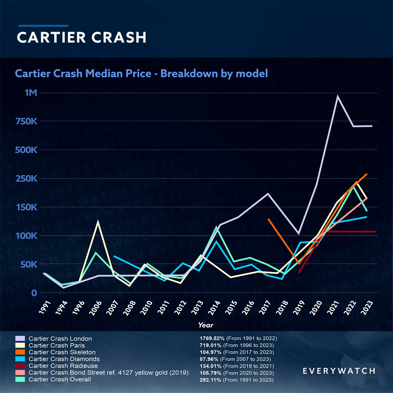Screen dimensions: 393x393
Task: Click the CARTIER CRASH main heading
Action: (x=81, y=37)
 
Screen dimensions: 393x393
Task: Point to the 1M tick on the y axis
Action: (x=31, y=93)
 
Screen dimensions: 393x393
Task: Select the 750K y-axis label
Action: (x=26, y=121)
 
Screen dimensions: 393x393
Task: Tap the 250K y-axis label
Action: (x=26, y=179)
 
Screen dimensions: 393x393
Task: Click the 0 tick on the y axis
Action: (x=34, y=293)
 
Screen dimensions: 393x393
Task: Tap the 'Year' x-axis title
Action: (x=206, y=325)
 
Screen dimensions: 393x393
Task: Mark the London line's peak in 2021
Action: (x=338, y=96)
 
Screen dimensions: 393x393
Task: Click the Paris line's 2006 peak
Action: (x=98, y=222)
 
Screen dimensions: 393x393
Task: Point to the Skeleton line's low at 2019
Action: (x=299, y=263)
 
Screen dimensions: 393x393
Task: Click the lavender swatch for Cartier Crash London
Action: (x=20, y=339)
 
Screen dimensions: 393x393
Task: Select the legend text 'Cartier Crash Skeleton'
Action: (x=62, y=352)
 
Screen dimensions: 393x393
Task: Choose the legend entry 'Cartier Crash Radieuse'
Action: (x=63, y=366)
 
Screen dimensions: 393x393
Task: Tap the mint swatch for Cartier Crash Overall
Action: (x=20, y=379)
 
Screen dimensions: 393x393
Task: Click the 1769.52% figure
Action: (x=212, y=338)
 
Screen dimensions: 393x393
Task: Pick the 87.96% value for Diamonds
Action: (x=209, y=359)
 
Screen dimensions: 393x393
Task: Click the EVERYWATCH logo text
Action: (x=339, y=371)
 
